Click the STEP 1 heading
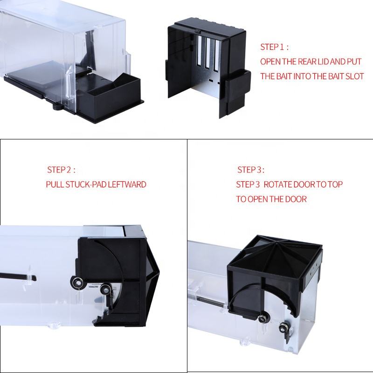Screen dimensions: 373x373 [x=274, y=47]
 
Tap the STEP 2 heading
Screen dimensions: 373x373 [x=61, y=170]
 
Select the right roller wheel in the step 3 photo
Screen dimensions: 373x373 [x=283, y=329]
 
